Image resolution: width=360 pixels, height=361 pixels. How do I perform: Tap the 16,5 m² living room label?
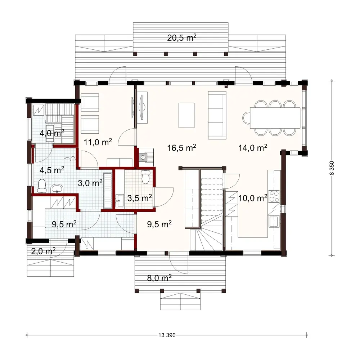[x=181, y=147]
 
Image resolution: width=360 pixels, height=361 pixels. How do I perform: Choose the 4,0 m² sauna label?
[x=52, y=133]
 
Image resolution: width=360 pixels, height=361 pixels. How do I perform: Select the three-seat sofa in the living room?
[x=217, y=115]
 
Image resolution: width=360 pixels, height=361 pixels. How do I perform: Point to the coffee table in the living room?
[x=186, y=115]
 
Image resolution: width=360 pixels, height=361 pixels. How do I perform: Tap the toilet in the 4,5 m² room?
[x=42, y=185]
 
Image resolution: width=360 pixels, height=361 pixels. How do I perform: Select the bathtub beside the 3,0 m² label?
[x=108, y=190]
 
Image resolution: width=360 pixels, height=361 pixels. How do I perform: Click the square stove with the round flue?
[x=144, y=157]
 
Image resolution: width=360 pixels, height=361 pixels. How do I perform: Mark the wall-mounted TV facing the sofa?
[x=143, y=107]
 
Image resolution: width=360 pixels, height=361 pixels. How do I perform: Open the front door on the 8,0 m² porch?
[x=178, y=262]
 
